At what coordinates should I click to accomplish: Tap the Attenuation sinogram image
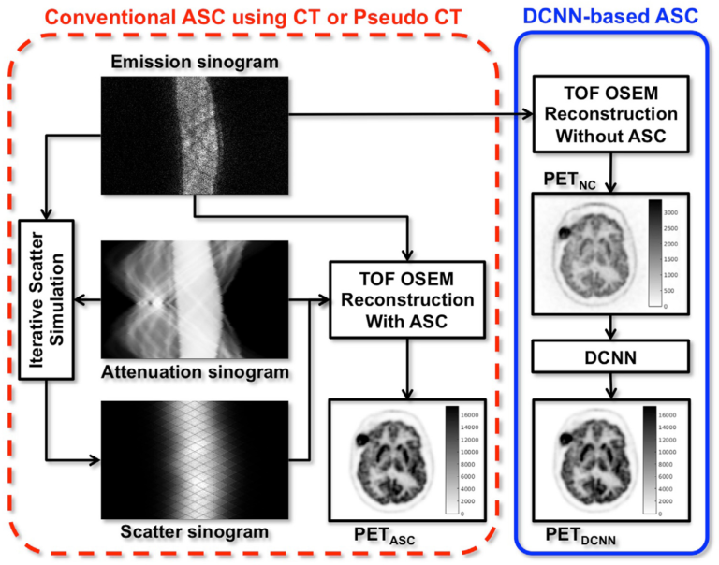[194, 301]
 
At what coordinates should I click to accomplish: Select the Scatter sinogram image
[194, 459]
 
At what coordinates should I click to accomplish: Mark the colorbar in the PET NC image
[654, 253]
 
